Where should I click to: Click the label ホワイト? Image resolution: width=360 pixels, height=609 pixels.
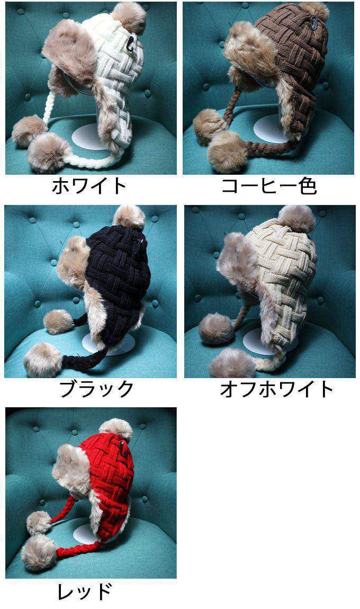[x=89, y=186]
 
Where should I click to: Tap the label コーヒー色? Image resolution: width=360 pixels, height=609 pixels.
[x=269, y=186]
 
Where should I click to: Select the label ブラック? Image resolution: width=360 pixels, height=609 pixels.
[x=97, y=389]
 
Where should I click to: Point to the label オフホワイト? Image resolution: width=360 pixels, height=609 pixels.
[x=277, y=389]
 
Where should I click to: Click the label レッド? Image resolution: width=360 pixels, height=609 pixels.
[x=85, y=592]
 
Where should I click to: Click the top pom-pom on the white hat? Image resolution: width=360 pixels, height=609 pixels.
[x=129, y=17]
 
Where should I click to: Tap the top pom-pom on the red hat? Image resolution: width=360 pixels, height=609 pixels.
[x=116, y=431]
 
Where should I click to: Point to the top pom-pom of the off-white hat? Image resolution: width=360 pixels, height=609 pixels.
[x=296, y=219]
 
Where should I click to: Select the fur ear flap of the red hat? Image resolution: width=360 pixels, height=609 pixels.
[x=72, y=469]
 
